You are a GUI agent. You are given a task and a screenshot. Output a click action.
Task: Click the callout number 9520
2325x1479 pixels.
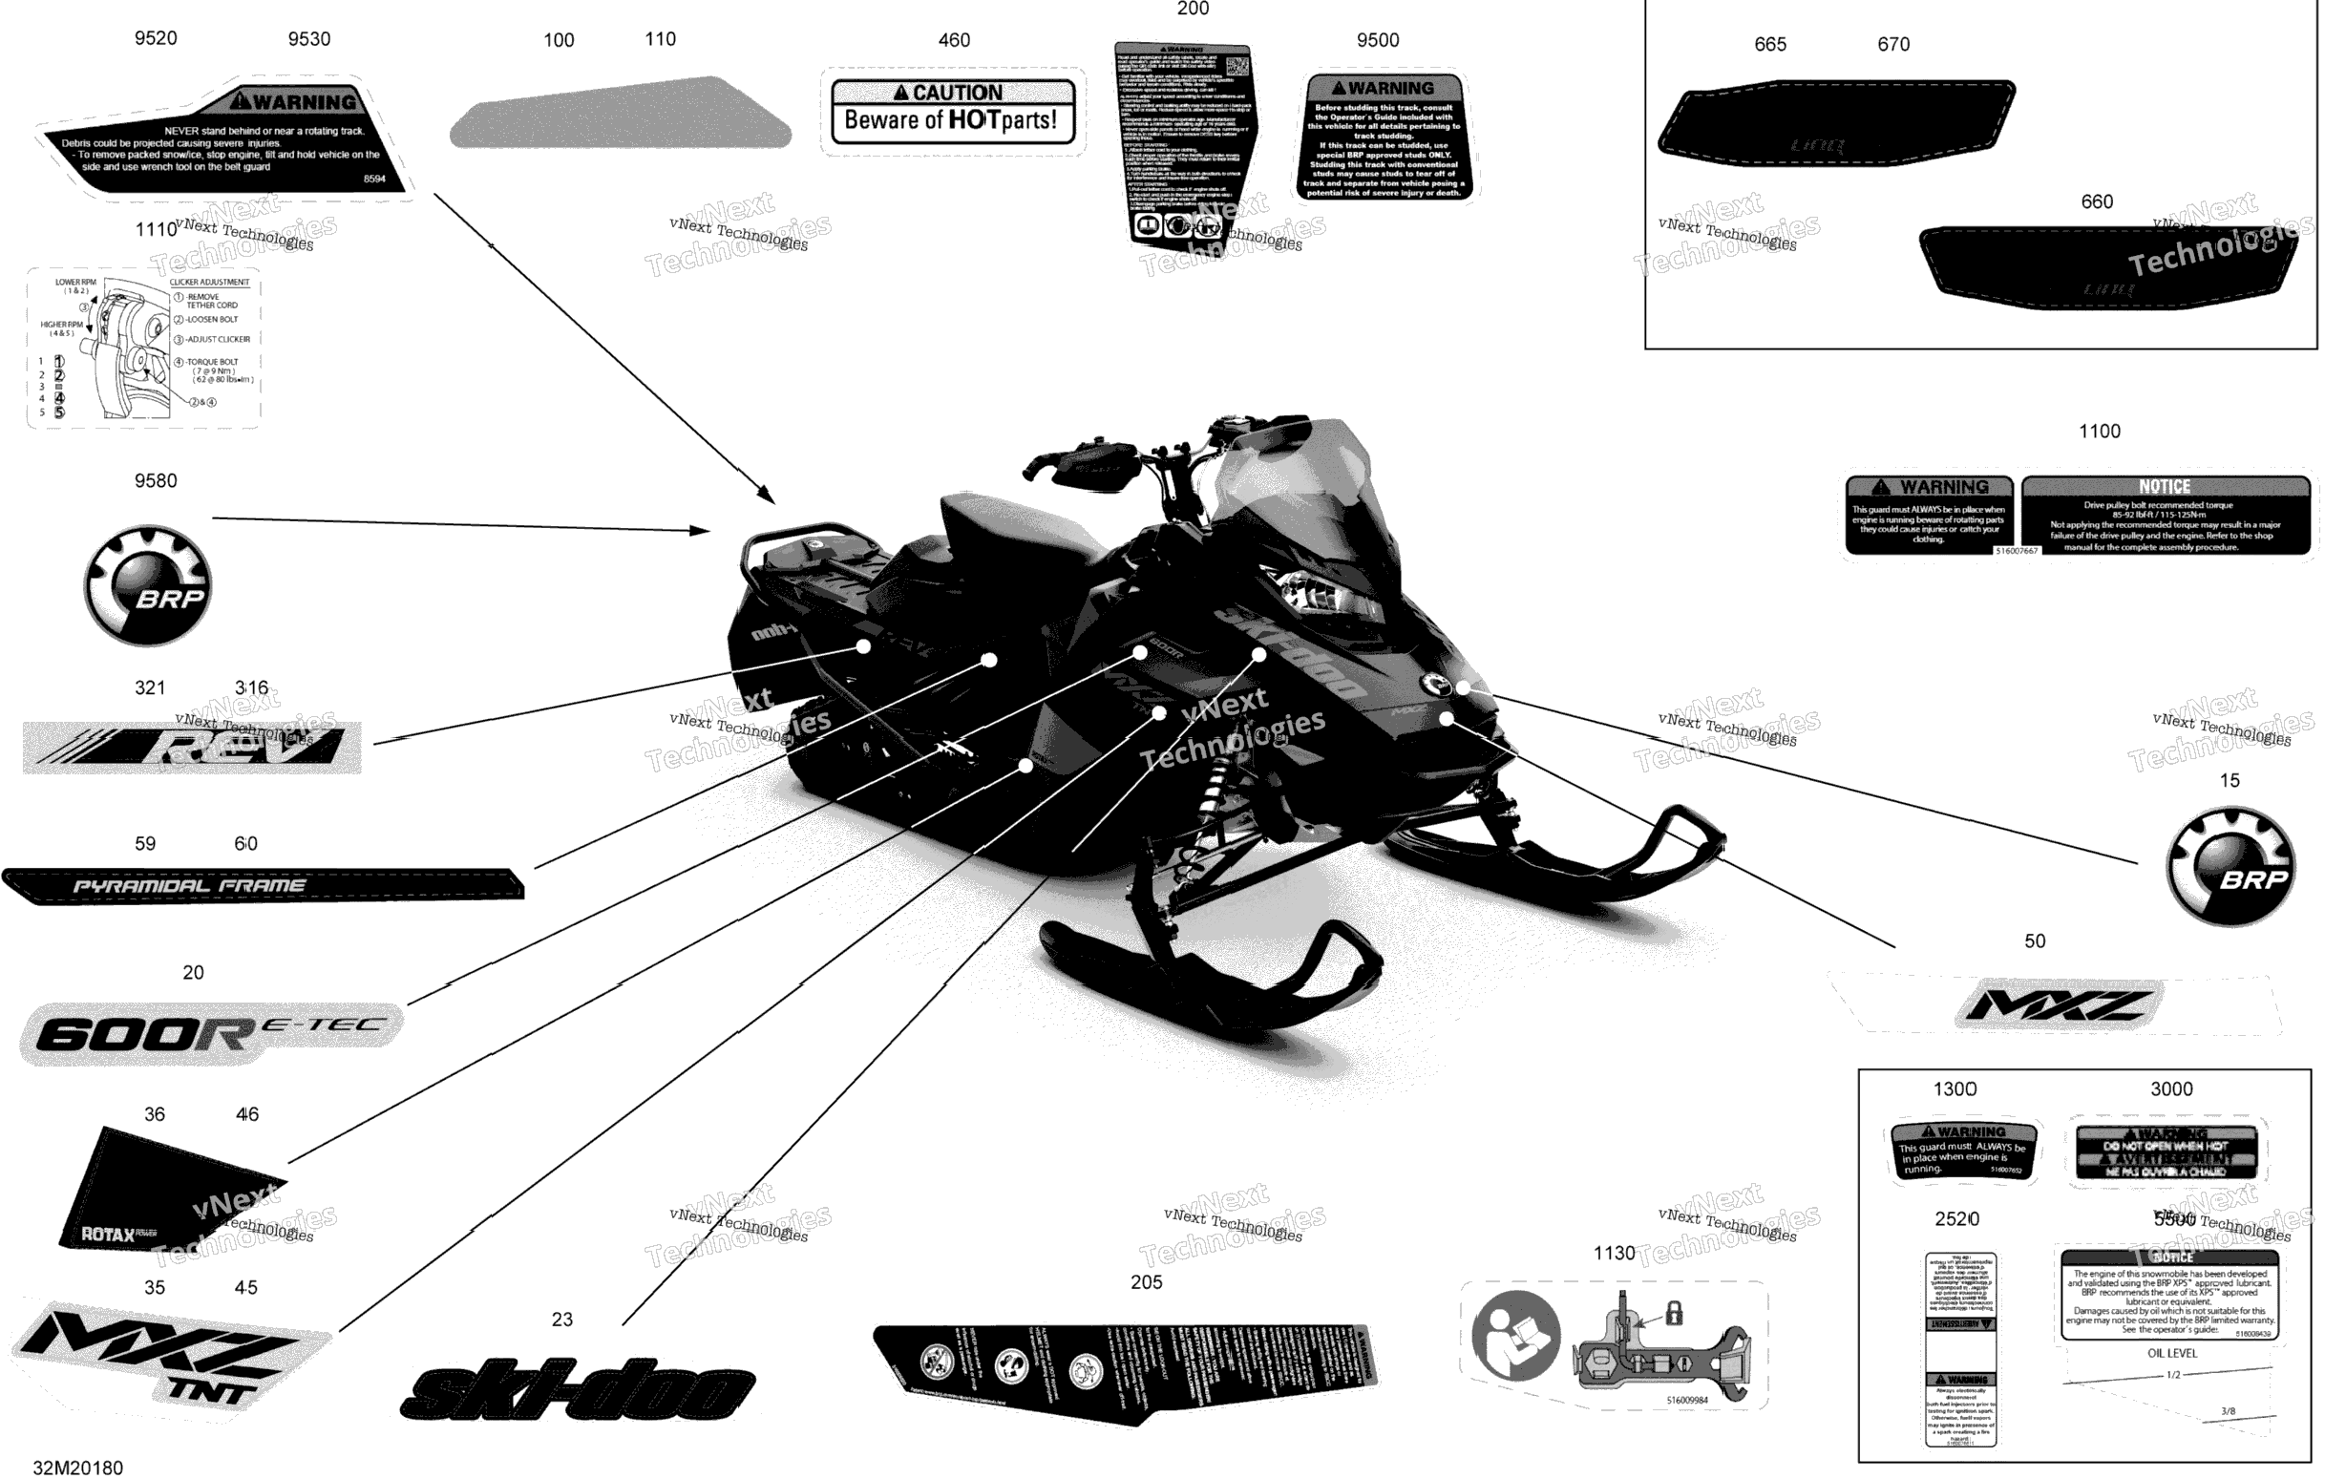point(156,38)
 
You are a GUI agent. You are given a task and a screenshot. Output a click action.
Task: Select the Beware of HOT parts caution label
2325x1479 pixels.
point(952,114)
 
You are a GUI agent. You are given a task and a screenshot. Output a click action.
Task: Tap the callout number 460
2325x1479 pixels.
point(954,40)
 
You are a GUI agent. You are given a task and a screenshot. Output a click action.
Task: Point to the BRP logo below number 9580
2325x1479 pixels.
point(148,586)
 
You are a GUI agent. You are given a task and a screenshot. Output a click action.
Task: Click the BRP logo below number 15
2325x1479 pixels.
point(2230,866)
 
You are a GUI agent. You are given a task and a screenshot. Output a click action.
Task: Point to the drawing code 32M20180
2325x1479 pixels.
point(78,1468)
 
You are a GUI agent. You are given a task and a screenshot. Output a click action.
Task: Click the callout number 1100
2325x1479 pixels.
point(2099,432)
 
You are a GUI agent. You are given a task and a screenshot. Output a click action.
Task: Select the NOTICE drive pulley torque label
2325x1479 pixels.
point(2165,515)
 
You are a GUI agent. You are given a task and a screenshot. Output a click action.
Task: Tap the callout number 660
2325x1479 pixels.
point(2096,201)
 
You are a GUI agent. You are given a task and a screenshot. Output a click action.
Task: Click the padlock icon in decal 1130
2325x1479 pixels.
point(1674,1313)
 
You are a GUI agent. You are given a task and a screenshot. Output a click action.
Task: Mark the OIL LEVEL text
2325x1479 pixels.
point(2172,1354)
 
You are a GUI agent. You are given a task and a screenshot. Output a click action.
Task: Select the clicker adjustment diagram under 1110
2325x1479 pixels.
point(143,348)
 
